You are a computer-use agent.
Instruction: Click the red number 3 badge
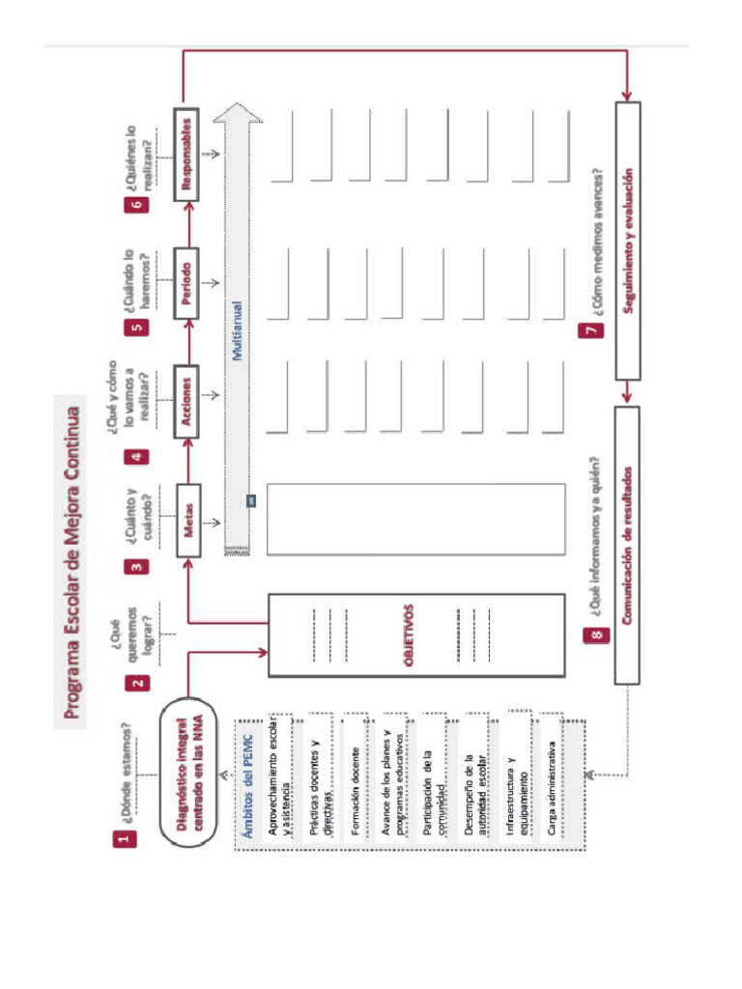pos(138,566)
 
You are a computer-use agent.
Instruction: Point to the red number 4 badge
pos(138,456)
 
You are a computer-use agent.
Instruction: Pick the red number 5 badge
pos(138,325)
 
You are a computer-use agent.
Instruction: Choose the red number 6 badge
pos(138,205)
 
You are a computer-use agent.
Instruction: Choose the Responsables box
pos(189,154)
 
